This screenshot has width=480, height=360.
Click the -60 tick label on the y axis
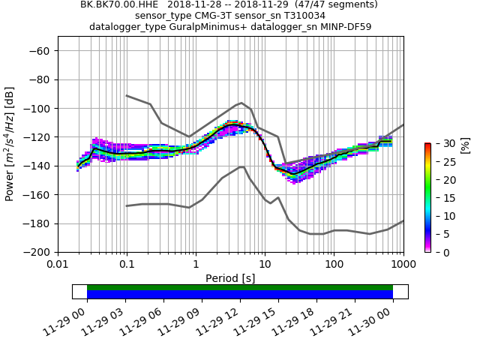pos(40,50)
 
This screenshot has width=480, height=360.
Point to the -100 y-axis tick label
pos(37,108)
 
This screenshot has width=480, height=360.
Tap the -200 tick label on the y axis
pos(37,252)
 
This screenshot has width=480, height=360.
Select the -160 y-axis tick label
pos(37,194)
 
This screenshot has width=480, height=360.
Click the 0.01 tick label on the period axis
pos(58,265)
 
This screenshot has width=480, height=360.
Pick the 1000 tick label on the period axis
pos(403,265)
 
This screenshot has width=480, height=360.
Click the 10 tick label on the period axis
pos(265,265)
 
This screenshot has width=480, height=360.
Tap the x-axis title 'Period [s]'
pos(230,278)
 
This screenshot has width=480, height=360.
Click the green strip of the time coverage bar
pos(240,287)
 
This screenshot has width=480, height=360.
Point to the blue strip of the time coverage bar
pos(240,295)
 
